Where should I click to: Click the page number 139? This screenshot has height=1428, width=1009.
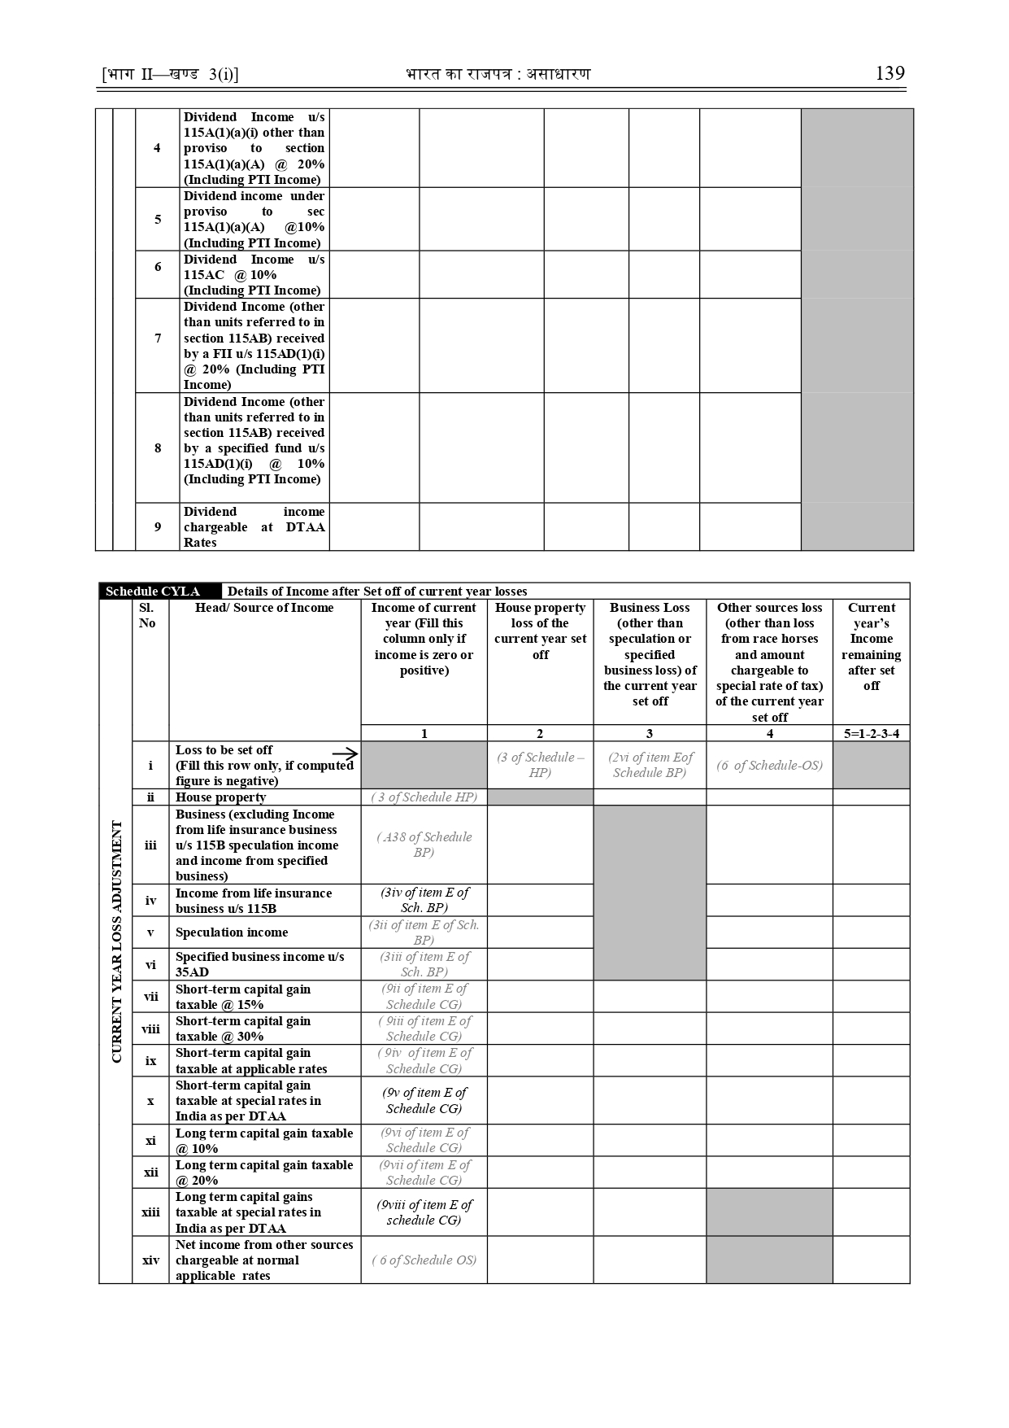pyautogui.click(x=889, y=74)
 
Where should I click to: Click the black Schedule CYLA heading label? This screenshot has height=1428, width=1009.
pyautogui.click(x=153, y=592)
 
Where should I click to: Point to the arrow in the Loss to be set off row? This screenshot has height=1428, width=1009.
pyautogui.click(x=345, y=755)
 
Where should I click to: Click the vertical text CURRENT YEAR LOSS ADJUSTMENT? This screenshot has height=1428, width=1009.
pyautogui.click(x=116, y=941)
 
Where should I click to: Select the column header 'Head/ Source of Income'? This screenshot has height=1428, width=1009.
pyautogui.click(x=264, y=608)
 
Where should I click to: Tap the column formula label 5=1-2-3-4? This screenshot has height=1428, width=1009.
pyautogui.click(x=872, y=733)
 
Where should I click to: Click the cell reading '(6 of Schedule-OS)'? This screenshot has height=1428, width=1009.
pyautogui.click(x=769, y=765)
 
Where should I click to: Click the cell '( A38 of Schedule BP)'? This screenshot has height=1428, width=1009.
pyautogui.click(x=424, y=845)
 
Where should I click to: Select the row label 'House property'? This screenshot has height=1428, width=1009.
pyautogui.click(x=220, y=797)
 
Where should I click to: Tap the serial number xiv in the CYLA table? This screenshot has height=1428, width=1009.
pyautogui.click(x=150, y=1260)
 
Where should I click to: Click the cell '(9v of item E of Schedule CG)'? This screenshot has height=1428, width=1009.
pyautogui.click(x=424, y=1100)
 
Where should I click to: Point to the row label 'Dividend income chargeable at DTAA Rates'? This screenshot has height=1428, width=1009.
pyautogui.click(x=254, y=527)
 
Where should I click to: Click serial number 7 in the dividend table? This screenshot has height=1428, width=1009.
pyautogui.click(x=158, y=338)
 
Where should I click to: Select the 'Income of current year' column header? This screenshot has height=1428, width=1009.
pyautogui.click(x=424, y=639)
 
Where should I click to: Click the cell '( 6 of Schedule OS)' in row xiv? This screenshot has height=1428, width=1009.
pyautogui.click(x=424, y=1260)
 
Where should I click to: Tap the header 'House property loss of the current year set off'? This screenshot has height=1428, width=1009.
pyautogui.click(x=540, y=631)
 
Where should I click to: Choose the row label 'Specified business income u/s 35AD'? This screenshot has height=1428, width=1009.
pyautogui.click(x=259, y=964)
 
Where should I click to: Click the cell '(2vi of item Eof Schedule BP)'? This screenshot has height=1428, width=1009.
pyautogui.click(x=650, y=765)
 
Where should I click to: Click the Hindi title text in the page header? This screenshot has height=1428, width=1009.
pyautogui.click(x=498, y=75)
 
